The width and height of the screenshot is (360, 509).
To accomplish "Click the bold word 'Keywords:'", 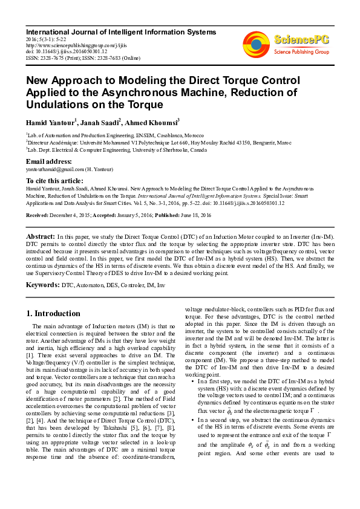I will pyautogui.click(x=42, y=284).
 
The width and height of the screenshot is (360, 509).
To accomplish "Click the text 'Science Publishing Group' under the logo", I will pyautogui.click(x=301, y=52).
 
